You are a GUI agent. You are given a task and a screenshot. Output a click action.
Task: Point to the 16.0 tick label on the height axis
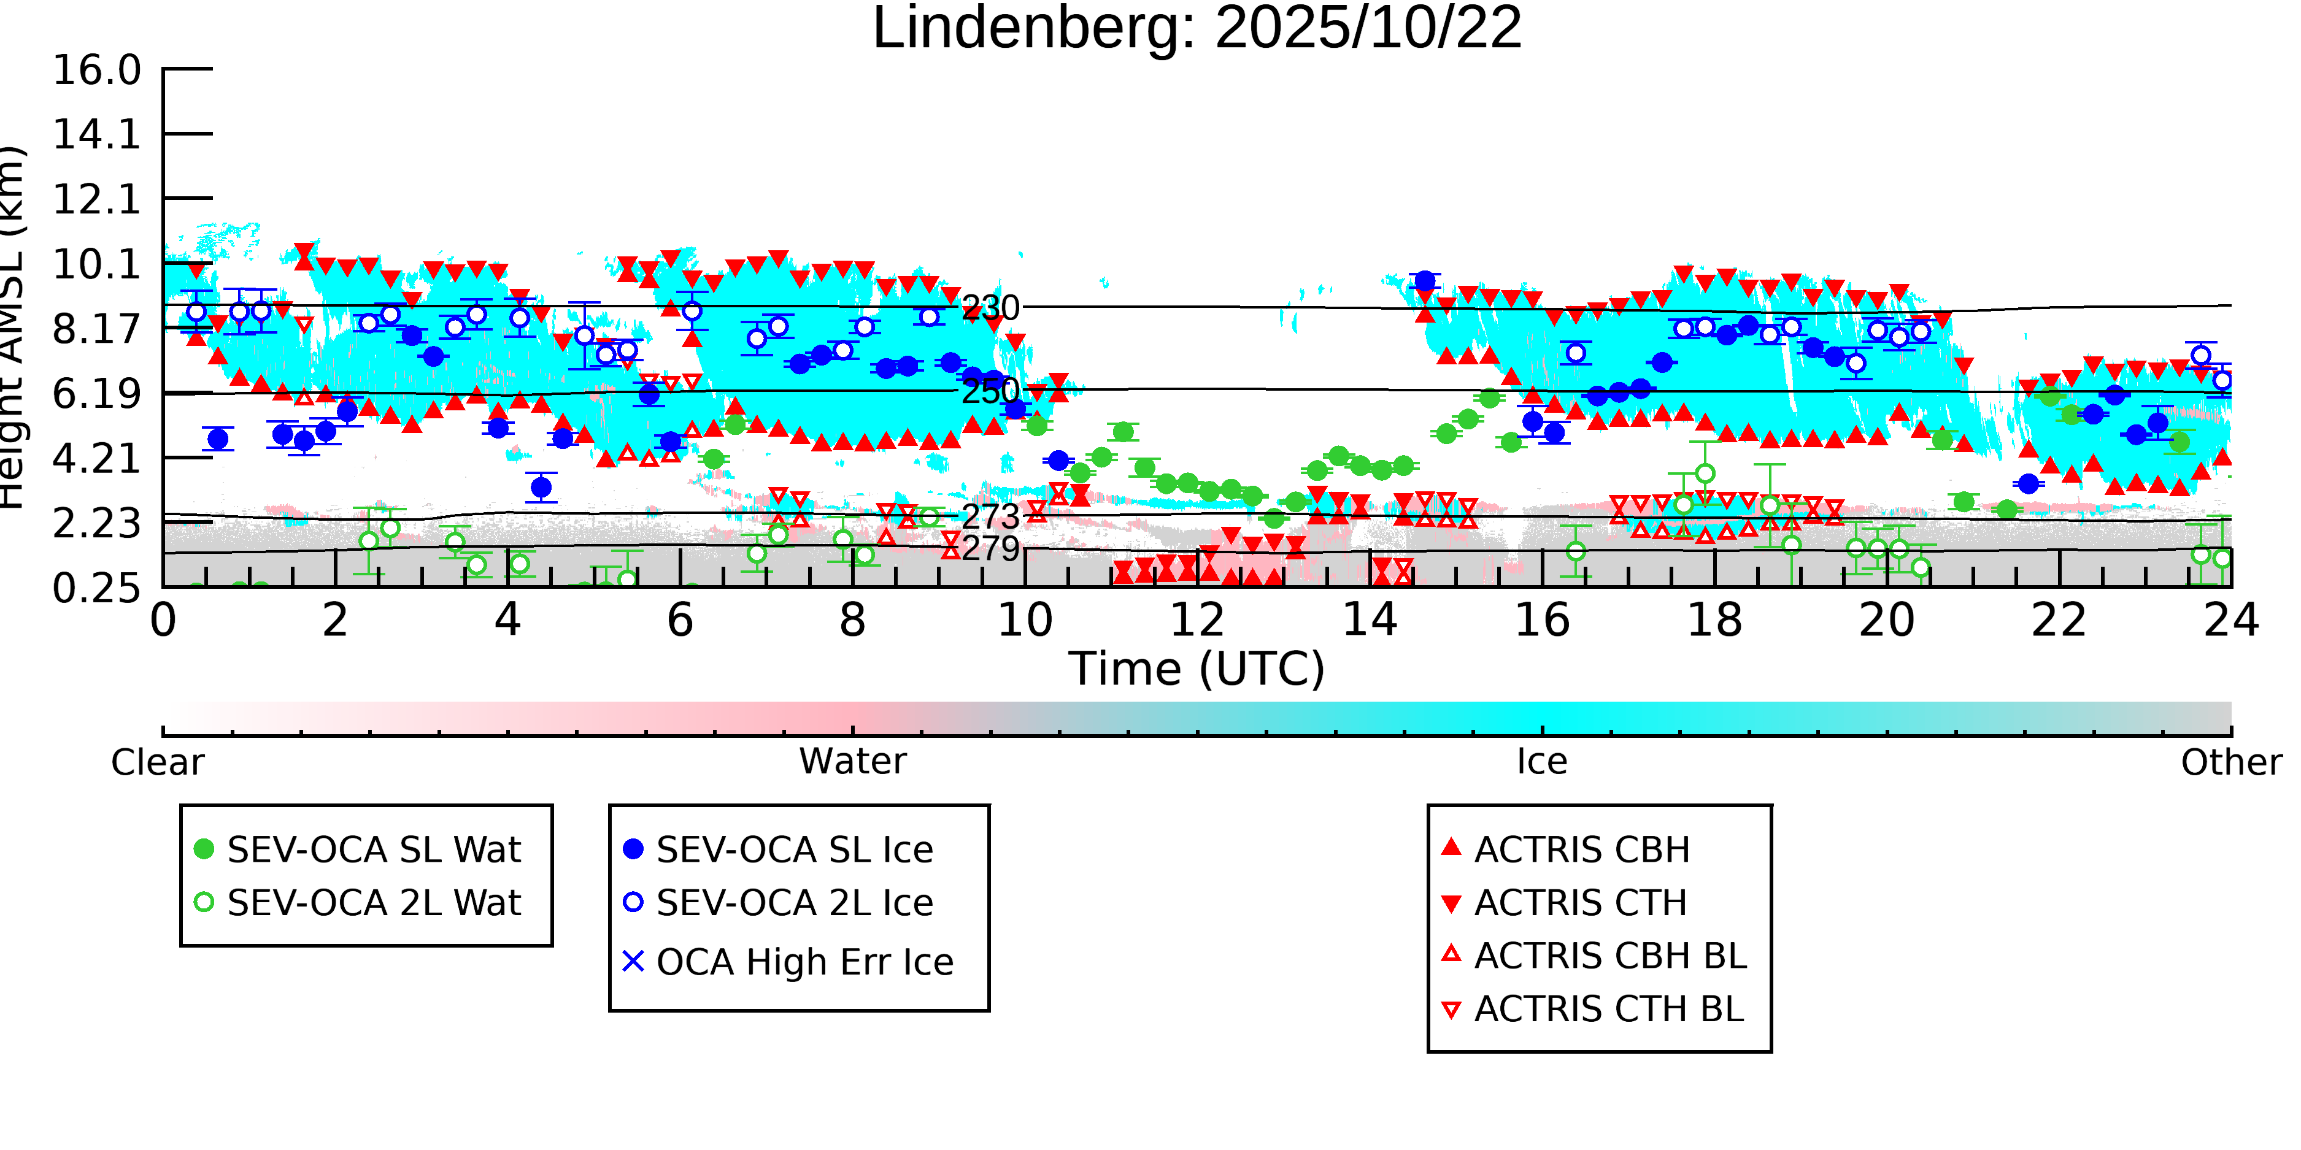coord(96,71)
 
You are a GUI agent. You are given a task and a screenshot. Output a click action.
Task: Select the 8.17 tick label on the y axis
coord(96,329)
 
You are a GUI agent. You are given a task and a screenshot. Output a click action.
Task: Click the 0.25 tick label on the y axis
coord(96,588)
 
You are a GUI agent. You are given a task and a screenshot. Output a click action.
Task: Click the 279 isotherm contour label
coord(990,548)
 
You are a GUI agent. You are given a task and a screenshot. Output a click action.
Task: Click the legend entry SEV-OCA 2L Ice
coord(794,903)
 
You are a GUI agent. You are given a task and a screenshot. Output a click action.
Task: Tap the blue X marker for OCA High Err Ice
coord(633,962)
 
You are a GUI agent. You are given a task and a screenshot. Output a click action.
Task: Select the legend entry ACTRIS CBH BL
coord(1609,956)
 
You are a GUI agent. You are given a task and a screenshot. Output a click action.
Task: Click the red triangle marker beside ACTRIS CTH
coord(1452,903)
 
